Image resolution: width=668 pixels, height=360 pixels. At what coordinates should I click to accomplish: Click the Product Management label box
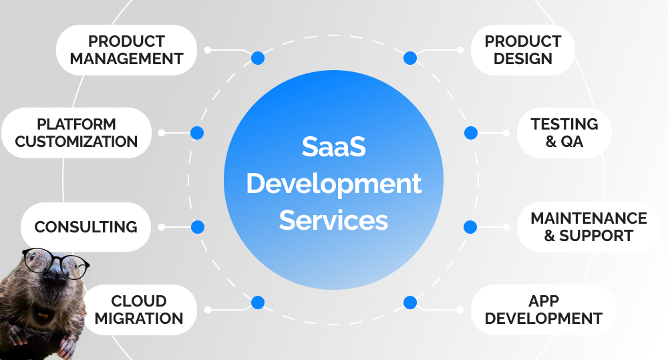coord(126,50)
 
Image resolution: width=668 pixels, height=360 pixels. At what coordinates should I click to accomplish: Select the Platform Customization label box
coord(76,133)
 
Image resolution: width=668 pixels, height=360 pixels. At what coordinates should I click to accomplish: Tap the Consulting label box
coord(86,227)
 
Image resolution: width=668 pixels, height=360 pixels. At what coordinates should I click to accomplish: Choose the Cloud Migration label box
coord(139,309)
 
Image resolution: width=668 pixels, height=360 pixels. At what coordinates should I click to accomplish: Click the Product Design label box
coord(523,50)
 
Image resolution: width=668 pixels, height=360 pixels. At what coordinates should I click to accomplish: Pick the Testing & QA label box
coord(564,133)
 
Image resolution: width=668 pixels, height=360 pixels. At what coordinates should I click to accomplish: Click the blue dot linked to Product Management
coord(258,58)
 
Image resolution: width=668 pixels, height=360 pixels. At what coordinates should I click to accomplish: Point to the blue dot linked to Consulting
coord(197,227)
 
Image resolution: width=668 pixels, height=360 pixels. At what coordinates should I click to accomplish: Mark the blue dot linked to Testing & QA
coord(471,133)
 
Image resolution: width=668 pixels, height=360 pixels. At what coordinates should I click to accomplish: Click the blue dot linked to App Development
coord(410,303)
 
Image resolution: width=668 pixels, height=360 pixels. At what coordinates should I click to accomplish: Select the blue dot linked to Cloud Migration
coord(258,303)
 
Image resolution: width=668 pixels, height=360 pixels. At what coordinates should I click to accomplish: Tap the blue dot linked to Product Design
coord(410,58)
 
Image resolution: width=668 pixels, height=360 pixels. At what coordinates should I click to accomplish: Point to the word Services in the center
coord(333,220)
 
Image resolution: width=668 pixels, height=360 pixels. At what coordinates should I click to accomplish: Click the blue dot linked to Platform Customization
coord(196,133)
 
